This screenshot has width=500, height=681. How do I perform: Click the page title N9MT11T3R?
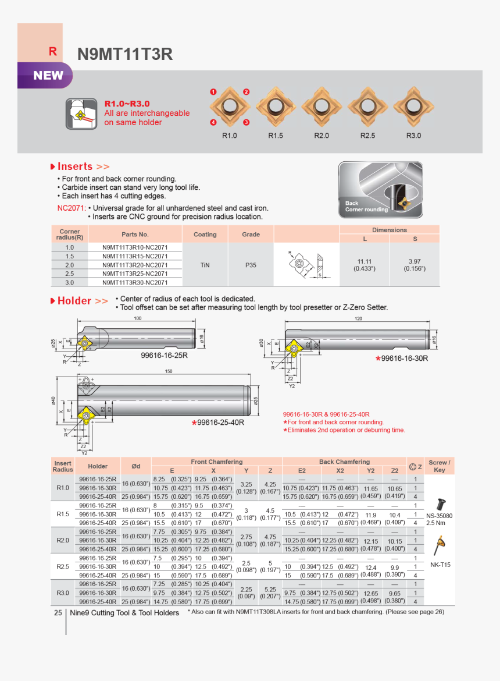[x=125, y=54]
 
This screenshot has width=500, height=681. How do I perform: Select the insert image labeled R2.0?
[x=322, y=107]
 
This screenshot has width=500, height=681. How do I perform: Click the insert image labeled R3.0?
[x=413, y=107]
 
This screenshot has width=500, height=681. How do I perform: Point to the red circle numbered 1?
[x=213, y=92]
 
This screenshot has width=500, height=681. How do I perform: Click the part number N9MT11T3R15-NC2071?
[x=135, y=256]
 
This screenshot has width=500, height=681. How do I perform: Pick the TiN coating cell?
[x=205, y=265]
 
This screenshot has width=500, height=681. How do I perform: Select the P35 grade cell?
[x=251, y=265]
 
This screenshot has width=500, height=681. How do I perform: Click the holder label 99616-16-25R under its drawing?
[x=164, y=354]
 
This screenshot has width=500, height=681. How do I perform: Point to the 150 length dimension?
[x=169, y=371]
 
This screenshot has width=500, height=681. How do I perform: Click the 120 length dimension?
[x=358, y=319]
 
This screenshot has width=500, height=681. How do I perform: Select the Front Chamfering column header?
[x=216, y=462]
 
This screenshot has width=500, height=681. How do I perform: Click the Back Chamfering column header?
[x=344, y=462]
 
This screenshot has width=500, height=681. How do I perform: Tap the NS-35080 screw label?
[x=439, y=516]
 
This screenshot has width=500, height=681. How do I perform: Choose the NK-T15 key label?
[x=440, y=565]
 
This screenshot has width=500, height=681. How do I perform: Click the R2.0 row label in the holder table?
[x=63, y=540]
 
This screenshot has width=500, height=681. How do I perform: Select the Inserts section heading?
[x=83, y=166]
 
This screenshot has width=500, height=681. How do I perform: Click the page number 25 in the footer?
[x=58, y=612]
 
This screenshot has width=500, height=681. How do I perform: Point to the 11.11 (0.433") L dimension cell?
[x=365, y=265]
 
